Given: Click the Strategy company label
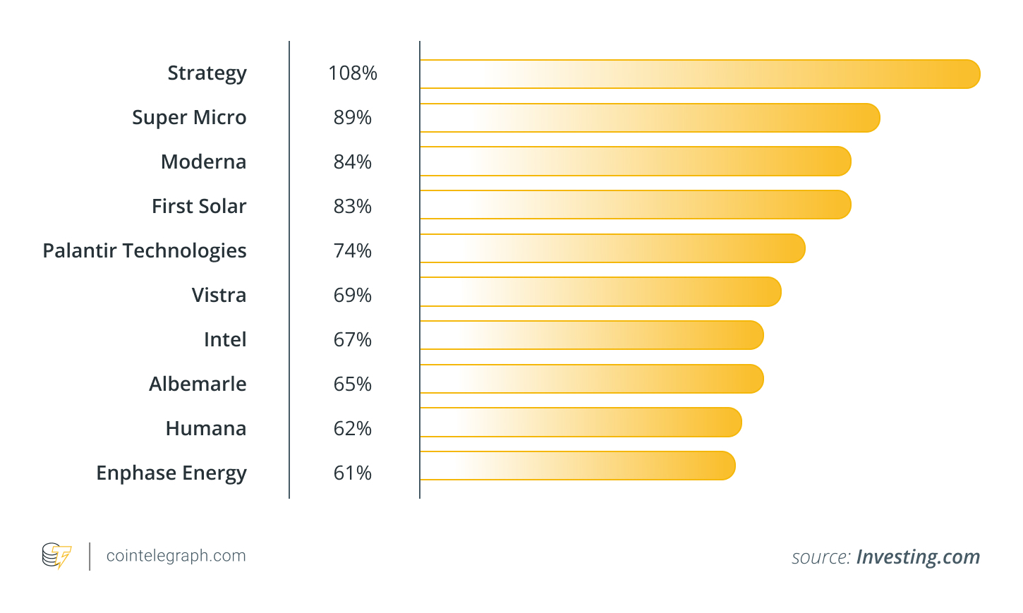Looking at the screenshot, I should click(207, 73).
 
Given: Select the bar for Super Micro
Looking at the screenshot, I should click(649, 118).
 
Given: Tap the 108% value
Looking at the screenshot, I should click(352, 73).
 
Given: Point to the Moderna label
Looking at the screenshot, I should click(203, 162).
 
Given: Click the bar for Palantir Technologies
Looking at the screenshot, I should click(612, 248).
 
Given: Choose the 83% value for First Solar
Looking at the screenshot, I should click(352, 206).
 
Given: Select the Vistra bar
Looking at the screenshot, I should click(600, 292).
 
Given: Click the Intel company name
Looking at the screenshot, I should click(225, 339).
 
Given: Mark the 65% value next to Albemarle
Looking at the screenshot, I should click(352, 384).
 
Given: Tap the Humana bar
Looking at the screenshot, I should click(580, 423).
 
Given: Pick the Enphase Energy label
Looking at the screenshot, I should click(171, 473).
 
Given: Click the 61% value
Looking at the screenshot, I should click(352, 473).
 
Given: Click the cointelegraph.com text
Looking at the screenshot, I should click(176, 556).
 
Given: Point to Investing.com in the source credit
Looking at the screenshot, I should click(917, 557).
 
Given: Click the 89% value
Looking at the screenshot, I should click(352, 118).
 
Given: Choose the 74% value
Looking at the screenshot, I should click(352, 250).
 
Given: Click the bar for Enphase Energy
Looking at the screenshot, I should click(577, 466).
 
